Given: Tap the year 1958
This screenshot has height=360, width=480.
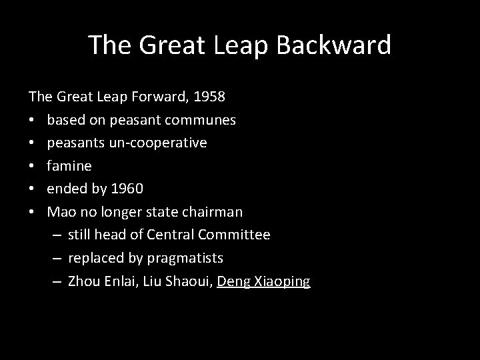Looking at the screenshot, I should pyautogui.click(x=209, y=97).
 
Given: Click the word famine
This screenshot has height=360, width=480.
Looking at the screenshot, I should pyautogui.click(x=69, y=165).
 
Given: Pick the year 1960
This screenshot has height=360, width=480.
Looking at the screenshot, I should pyautogui.click(x=126, y=189).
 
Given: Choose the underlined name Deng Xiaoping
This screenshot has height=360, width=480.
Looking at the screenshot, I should pyautogui.click(x=263, y=281).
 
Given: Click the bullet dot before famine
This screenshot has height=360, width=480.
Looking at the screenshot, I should pyautogui.click(x=33, y=166).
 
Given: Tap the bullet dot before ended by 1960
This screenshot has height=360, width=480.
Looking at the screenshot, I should pyautogui.click(x=33, y=189).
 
